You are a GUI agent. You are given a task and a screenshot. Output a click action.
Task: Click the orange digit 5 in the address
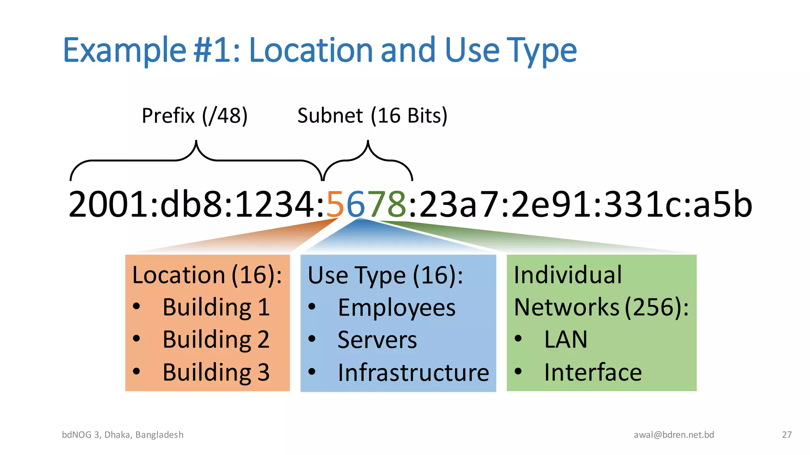[335, 204]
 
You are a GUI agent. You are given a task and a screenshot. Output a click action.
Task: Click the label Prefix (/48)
[195, 116]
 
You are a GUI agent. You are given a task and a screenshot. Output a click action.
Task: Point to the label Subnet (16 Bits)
[372, 116]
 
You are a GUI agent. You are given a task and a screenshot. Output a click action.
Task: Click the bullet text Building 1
[216, 307]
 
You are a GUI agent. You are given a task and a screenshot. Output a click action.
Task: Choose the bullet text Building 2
[216, 340]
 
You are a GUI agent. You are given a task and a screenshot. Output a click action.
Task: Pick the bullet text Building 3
[216, 372]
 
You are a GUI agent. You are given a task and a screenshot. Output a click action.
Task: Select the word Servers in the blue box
[377, 340]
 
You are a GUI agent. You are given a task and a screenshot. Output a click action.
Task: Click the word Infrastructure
[413, 372]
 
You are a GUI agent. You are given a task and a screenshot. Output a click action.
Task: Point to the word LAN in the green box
[566, 340]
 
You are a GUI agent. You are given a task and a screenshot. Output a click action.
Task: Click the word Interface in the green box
[592, 372]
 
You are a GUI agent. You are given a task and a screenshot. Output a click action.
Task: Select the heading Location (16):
[207, 275]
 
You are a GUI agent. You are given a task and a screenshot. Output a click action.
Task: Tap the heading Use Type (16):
[385, 275]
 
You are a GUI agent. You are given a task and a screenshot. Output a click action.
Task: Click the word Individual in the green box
[568, 275]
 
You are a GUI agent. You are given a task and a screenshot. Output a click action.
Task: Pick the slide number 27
[787, 435]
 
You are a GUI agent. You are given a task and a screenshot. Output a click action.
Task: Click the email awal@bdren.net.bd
[674, 435]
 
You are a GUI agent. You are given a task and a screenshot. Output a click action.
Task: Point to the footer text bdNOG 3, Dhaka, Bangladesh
[123, 435]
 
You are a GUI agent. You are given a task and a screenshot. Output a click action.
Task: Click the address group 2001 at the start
[108, 204]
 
